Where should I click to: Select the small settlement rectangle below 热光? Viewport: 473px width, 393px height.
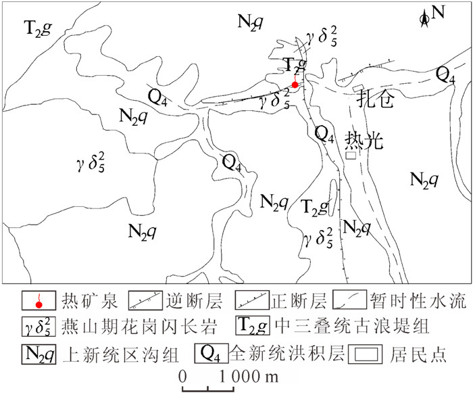(350, 156)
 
